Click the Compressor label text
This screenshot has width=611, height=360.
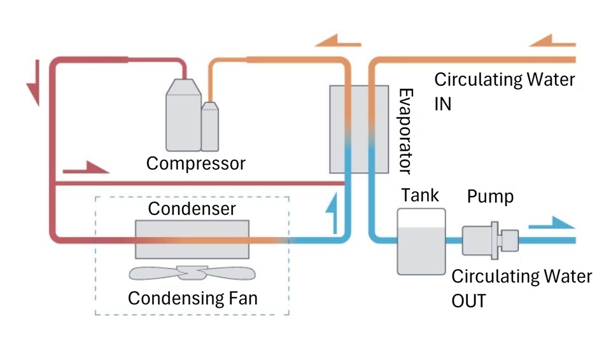[195, 163]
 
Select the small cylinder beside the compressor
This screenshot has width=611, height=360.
[210, 127]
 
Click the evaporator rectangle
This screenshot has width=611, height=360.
[358, 128]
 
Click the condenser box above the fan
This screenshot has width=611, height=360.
[192, 239]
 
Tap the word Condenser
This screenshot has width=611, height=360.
[192, 209]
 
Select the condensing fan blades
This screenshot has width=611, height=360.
[192, 273]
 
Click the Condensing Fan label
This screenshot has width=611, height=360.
[192, 298]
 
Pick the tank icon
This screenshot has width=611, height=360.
[421, 241]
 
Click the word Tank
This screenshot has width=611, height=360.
[419, 195]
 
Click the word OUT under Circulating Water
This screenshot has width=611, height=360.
[468, 300]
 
